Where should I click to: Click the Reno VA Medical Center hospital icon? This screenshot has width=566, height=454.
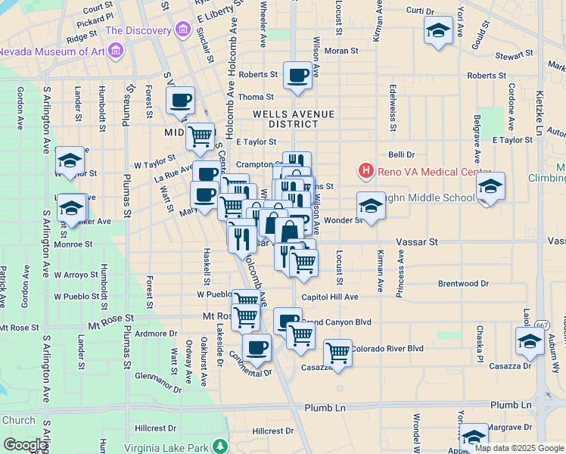point(366,170)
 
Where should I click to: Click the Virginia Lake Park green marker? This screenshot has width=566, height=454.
point(220,446)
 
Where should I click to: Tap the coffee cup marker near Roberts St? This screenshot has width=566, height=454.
point(298,75)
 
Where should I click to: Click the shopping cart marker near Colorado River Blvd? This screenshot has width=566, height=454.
point(337,352)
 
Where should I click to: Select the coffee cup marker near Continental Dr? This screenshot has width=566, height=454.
point(257,347)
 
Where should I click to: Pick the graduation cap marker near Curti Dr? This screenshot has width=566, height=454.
point(437,31)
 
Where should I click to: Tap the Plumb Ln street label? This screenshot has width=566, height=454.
point(325,407)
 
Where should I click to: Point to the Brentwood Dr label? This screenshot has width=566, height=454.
point(463,284)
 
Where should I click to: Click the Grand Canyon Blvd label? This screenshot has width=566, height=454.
point(338,322)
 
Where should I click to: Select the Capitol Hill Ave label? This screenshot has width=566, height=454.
point(329,297)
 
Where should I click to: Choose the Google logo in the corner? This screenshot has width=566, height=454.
point(26,445)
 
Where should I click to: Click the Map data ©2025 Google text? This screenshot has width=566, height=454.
point(519,448)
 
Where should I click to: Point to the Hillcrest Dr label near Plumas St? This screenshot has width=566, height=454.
point(155,428)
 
